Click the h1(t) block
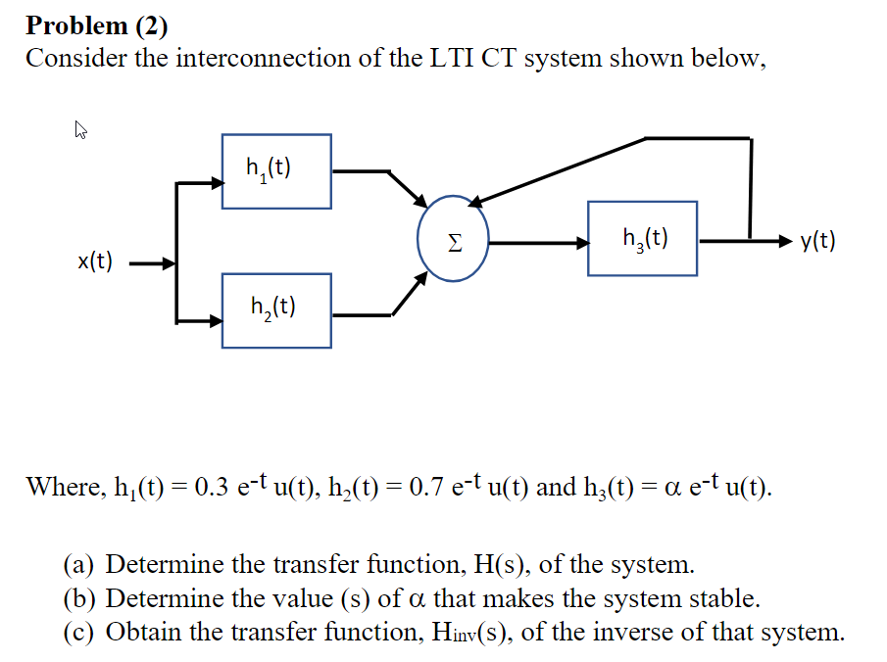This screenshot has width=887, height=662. point(276,170)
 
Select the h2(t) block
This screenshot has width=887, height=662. point(276,310)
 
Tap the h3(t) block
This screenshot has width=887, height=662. point(643,238)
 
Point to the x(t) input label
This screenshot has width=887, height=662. point(95,261)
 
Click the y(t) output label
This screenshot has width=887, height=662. point(817,240)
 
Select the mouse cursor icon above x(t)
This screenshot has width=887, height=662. point(81,128)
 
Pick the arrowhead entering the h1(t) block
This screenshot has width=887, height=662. point(216,182)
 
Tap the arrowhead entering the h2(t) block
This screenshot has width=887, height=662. point(216,320)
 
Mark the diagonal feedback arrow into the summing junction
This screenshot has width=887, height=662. point(559,171)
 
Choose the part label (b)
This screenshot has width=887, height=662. point(81,597)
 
